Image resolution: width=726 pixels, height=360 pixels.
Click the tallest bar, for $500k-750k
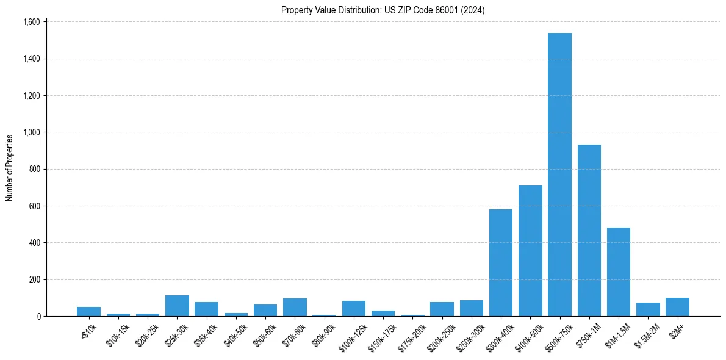click(x=559, y=175)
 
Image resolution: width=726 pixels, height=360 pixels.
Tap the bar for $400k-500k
click(x=530, y=251)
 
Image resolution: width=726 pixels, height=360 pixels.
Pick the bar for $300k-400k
click(x=501, y=263)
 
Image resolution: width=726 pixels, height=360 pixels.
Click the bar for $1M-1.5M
click(x=619, y=272)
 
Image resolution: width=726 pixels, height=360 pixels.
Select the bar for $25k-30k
click(x=177, y=306)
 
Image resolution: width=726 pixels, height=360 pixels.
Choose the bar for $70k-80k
click(x=295, y=308)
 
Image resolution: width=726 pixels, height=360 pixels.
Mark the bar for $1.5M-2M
click(x=648, y=309)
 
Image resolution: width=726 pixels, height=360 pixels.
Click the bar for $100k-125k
click(x=354, y=309)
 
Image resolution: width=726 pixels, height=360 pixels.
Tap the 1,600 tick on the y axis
click(x=31, y=22)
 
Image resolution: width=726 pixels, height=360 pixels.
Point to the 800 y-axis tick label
click(x=34, y=169)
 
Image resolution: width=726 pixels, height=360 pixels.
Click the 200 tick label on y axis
click(x=34, y=279)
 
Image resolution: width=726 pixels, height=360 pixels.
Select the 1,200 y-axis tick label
click(x=31, y=96)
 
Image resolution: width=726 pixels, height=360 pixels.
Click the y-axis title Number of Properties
click(x=10, y=168)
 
